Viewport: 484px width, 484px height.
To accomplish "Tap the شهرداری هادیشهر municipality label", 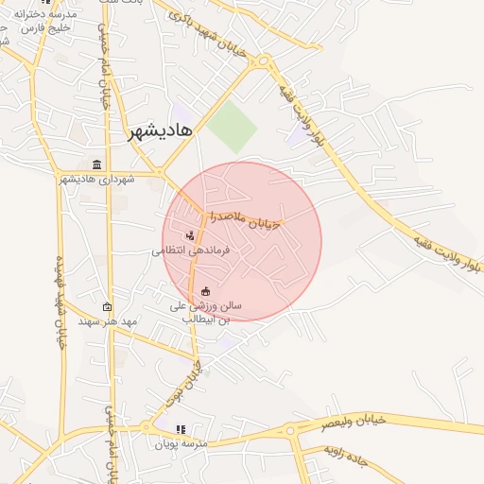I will (x=98, y=180).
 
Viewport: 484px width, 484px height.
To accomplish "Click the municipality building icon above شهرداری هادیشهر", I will (x=96, y=164).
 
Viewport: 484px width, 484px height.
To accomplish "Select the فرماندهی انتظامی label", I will (x=187, y=251).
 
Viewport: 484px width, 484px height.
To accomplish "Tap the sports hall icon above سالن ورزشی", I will (x=206, y=291).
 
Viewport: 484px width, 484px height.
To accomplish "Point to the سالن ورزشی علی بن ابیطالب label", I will (x=205, y=313).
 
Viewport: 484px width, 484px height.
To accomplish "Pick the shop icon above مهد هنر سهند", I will (x=107, y=306).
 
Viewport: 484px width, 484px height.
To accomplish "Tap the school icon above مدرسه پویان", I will (x=181, y=429).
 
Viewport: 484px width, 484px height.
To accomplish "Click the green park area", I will (x=233, y=127).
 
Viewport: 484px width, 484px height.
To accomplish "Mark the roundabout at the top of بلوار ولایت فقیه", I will (x=263, y=61).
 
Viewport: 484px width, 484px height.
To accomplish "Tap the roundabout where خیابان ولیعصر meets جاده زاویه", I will (x=291, y=433).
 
